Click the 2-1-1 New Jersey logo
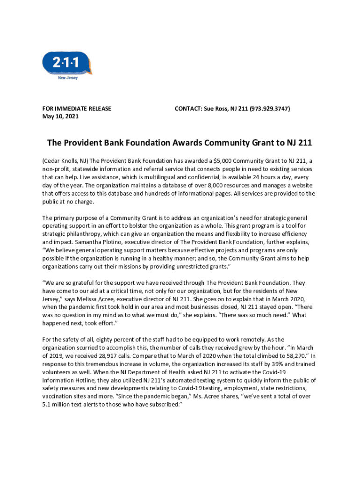pyautogui.click(x=67, y=64)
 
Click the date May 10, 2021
pyautogui.click(x=60, y=116)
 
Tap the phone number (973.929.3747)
pyautogui.click(x=269, y=109)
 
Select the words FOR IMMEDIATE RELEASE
pyautogui.click(x=77, y=109)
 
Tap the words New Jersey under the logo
pyautogui.click(x=68, y=78)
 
